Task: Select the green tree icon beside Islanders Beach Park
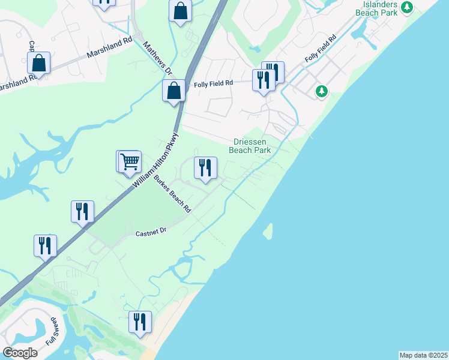pos(408,7)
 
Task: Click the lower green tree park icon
pos(322,91)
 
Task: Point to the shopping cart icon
pos(130,161)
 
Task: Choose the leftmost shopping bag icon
pos(38,63)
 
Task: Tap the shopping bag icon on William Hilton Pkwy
pos(173,91)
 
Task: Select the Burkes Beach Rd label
pos(172,194)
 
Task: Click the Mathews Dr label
pos(158,58)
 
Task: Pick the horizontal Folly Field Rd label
pos(213,84)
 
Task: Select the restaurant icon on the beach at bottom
pos(140,322)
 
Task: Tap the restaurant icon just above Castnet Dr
pos(82,211)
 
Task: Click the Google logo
pos(20,353)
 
